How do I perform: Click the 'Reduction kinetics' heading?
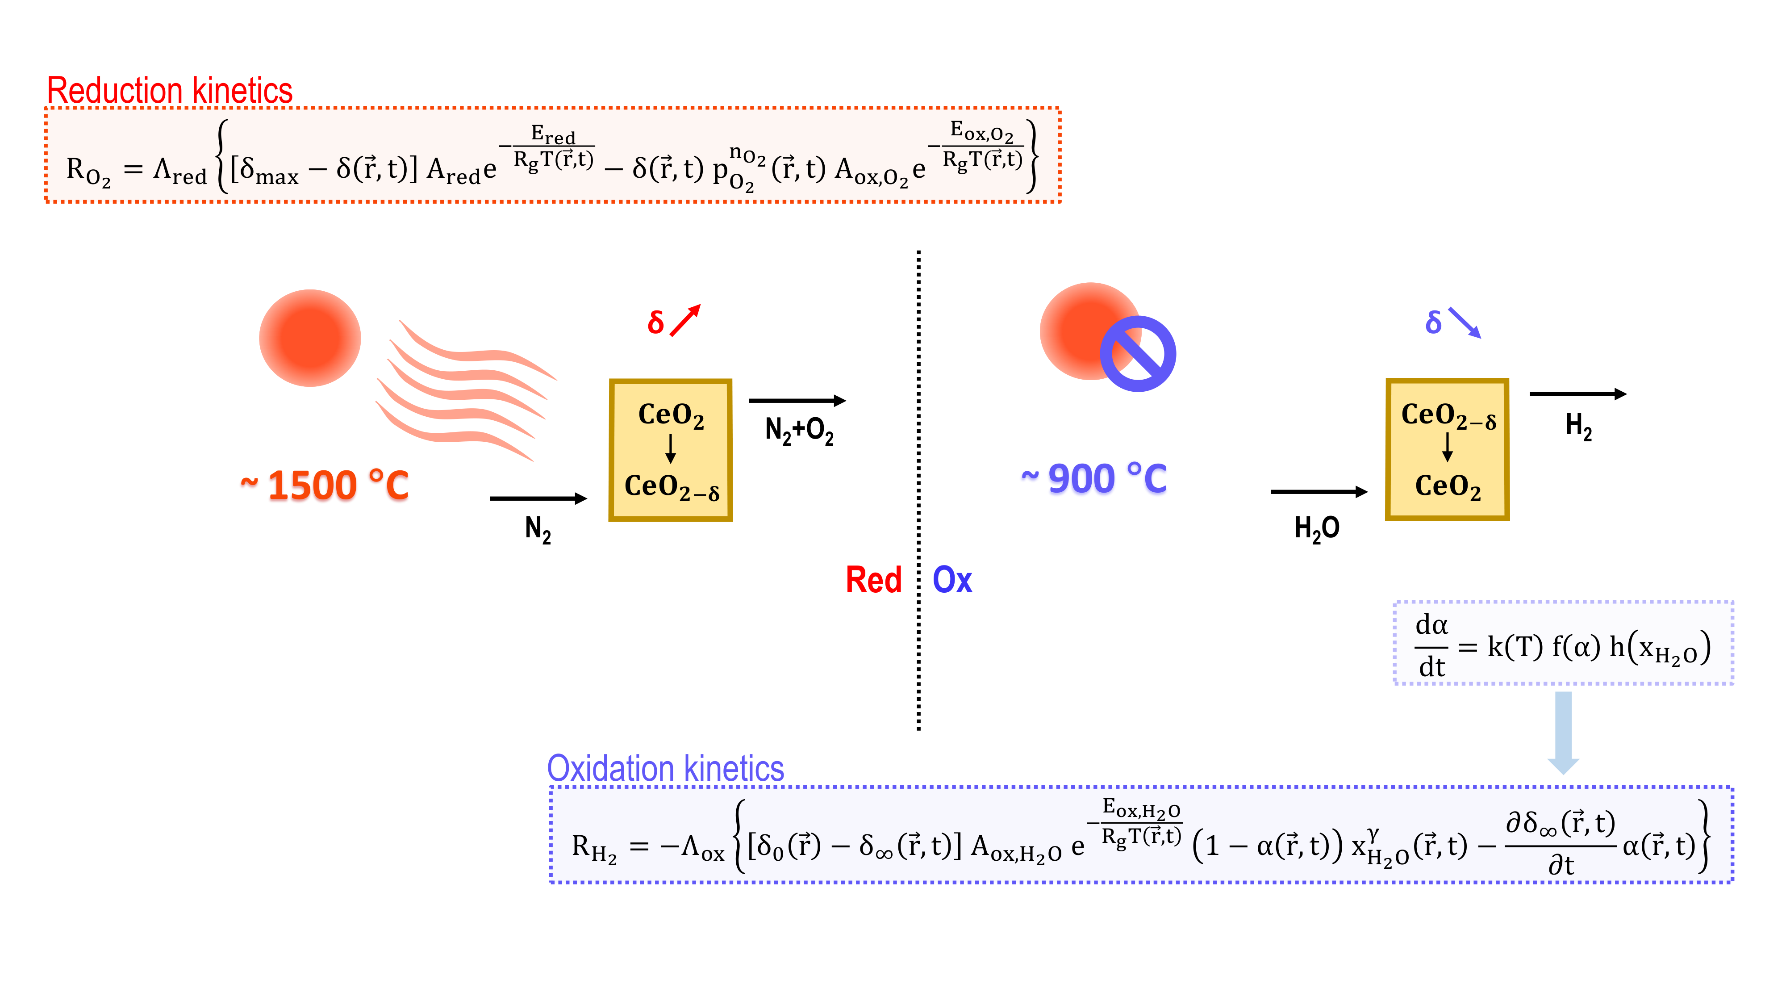pos(169,91)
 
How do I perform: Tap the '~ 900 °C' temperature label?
pos(1094,478)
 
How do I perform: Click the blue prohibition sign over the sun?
pos(1137,354)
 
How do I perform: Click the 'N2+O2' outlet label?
pos(799,430)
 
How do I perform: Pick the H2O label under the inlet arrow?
pos(1317,528)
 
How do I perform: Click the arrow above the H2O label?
pos(1318,492)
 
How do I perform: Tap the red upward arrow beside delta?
pos(686,320)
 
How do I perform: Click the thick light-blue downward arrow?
pos(1564,732)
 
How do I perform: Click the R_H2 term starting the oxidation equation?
pos(593,848)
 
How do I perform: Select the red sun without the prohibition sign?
pos(310,338)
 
